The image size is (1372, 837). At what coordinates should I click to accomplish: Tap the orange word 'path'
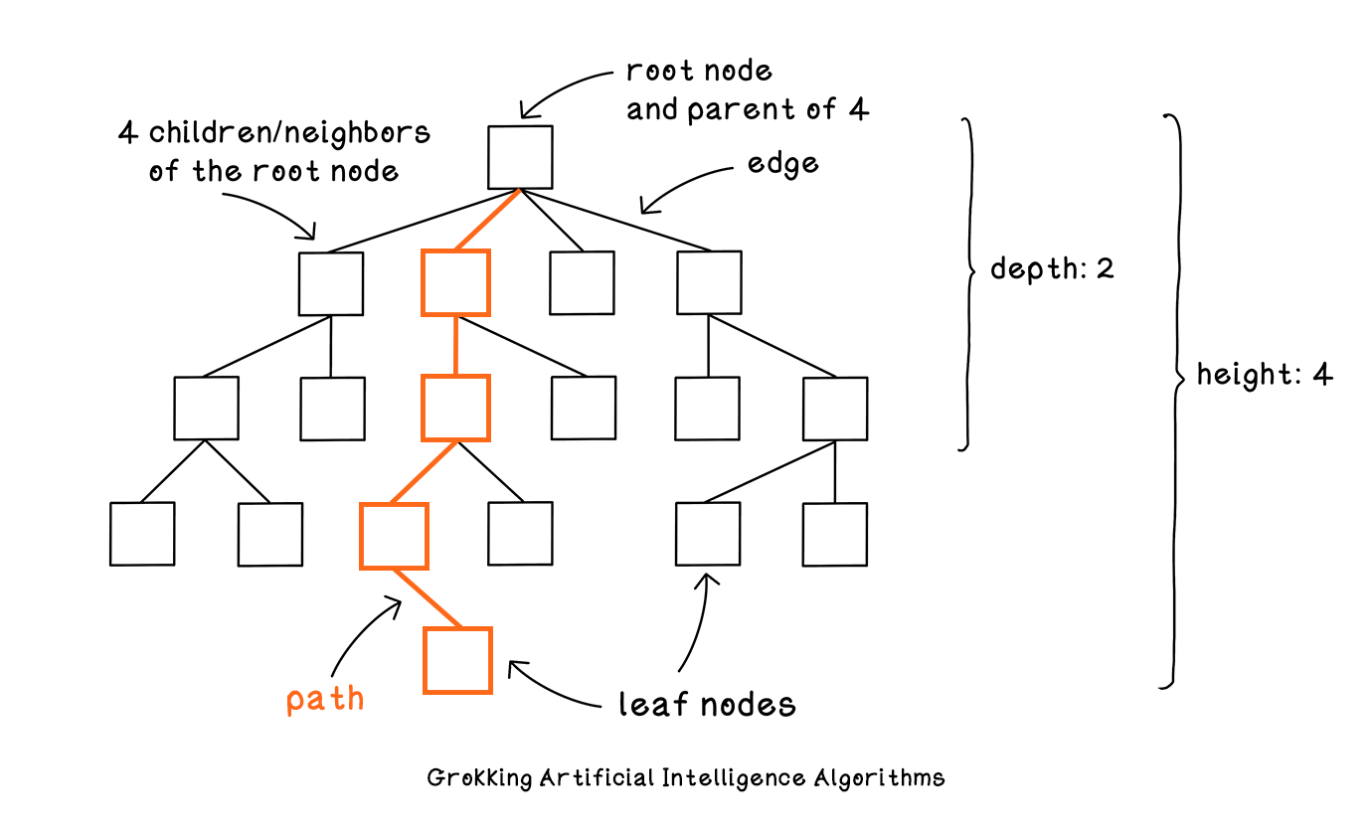[x=325, y=700]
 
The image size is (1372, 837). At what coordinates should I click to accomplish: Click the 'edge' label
[x=782, y=164]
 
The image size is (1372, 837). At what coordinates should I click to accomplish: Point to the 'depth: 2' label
[x=1052, y=268]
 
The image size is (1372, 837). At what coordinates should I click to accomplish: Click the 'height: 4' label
[x=1265, y=374]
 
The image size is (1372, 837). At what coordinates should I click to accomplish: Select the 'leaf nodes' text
[x=707, y=704]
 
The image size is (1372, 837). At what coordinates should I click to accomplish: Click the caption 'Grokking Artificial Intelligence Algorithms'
[x=685, y=778]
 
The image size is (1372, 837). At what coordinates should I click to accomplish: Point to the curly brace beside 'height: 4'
[x=1176, y=401]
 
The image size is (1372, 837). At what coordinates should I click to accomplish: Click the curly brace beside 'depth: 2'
[x=969, y=284]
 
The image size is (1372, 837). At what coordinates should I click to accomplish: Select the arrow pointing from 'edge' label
[x=680, y=184]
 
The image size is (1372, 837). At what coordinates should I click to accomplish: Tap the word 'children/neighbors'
[x=289, y=133]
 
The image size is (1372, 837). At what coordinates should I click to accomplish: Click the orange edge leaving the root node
[x=488, y=220]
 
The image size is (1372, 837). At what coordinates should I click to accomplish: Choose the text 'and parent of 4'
[x=748, y=110]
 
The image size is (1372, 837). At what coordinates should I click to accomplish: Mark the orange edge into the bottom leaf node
[x=428, y=598]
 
